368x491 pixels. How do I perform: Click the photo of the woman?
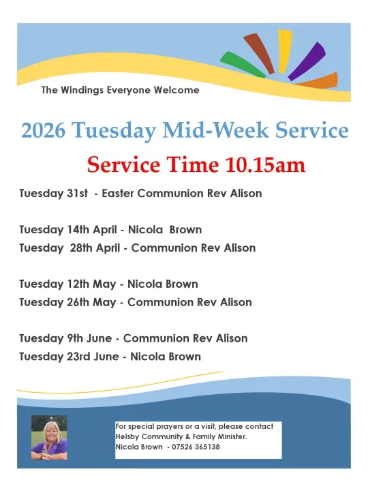pyautogui.click(x=48, y=436)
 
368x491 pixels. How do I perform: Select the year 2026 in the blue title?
pyautogui.click(x=44, y=131)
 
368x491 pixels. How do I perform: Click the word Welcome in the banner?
pyautogui.click(x=177, y=90)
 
